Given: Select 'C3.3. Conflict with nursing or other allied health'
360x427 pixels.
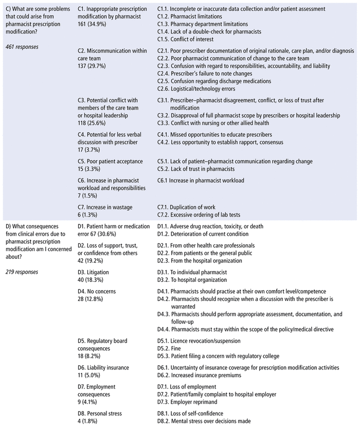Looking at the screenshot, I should pyautogui.click(x=220, y=123).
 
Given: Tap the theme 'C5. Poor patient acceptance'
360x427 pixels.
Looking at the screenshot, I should pyautogui.click(x=110, y=161).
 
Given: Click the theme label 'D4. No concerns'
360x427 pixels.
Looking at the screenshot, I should pyautogui.click(x=97, y=291).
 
